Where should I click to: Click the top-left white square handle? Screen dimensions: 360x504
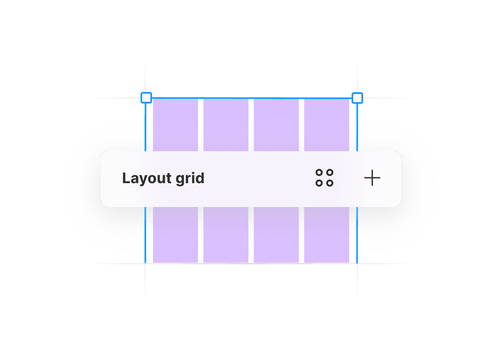146,98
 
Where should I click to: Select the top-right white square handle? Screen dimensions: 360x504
357,98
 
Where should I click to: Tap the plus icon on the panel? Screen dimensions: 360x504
372,179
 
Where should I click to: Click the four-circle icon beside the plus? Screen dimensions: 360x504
324,178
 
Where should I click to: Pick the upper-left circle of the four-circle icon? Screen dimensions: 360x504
319,173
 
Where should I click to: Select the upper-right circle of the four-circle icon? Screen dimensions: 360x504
330,173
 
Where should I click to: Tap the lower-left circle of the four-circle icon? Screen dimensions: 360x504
319,183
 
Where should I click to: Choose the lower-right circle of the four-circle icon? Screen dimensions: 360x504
330,183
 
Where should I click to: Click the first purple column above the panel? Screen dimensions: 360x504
175,125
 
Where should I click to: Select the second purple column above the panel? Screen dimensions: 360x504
226,125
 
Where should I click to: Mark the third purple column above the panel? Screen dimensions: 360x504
276,125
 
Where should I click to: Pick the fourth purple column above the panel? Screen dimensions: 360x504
327,125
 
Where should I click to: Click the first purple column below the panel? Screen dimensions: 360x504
175,235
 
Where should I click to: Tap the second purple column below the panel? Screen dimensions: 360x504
226,235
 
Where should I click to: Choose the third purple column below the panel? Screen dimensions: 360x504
276,235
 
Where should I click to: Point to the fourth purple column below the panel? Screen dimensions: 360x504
327,235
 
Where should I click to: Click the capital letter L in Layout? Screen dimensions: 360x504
126,178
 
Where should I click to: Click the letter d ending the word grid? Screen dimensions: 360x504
200,178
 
